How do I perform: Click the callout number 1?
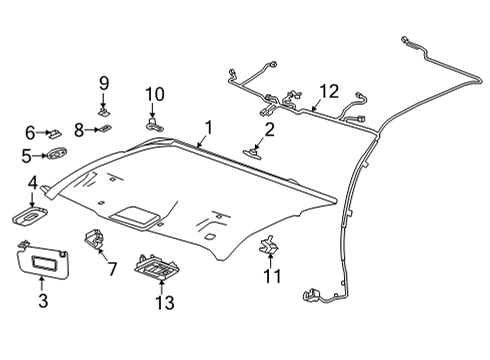(x=208, y=127)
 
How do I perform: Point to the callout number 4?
(x=32, y=184)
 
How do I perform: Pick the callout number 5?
(x=28, y=155)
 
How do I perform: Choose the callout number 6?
(x=29, y=132)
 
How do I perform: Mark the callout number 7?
(x=111, y=268)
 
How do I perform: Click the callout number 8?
(x=79, y=129)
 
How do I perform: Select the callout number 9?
(x=103, y=83)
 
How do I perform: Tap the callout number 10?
(x=154, y=95)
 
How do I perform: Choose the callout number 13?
(x=164, y=301)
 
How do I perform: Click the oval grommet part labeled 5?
(x=57, y=154)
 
